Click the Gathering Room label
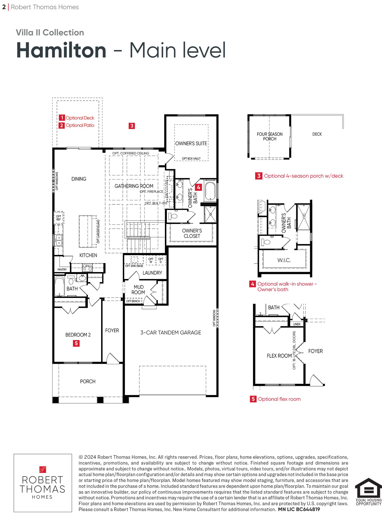pos(134,186)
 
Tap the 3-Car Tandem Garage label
pos(171,332)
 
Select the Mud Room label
pos(138,290)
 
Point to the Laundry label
pos(152,273)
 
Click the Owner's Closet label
pos(192,233)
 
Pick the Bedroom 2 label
pos(78,335)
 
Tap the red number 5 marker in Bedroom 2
pos(76,343)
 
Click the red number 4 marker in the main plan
pos(198,187)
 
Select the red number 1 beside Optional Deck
pos(62,118)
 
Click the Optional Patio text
pos(80,125)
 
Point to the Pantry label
pos(62,269)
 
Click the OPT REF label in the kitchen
pos(59,218)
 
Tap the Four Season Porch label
pos(270,136)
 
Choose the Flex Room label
pos(279,356)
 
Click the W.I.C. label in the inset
pos(284,260)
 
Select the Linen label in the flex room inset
pos(297,324)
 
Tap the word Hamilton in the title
pos(61,50)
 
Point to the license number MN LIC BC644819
pos(299,509)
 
